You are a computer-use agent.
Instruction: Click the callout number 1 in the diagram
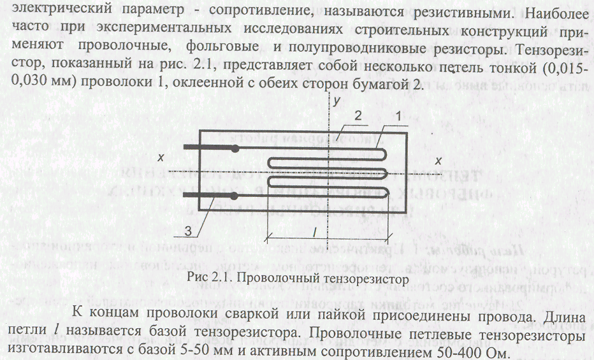click(x=398, y=117)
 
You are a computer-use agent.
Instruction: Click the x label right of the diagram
click(x=438, y=158)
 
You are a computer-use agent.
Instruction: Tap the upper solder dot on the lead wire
click(x=236, y=148)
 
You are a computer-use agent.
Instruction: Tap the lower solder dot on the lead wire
click(x=236, y=194)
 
